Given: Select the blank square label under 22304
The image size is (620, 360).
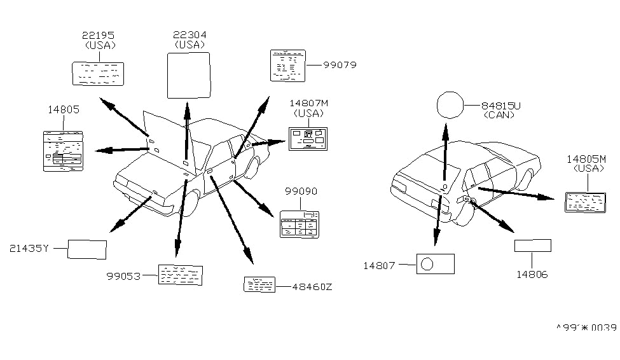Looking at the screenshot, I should tap(189, 75).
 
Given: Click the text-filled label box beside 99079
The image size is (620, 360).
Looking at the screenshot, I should tap(288, 65).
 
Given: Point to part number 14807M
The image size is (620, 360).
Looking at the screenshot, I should tap(308, 103).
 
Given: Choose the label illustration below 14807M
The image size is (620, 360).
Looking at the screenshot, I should tap(308, 138).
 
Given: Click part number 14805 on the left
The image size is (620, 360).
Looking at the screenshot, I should tap(63, 109).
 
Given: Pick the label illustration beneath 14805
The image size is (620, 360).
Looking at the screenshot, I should tap(63, 150).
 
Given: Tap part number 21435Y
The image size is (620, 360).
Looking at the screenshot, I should tap(29, 249).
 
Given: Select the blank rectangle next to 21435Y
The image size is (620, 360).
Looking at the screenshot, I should tap(87, 249).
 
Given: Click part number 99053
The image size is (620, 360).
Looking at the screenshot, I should tap(123, 275).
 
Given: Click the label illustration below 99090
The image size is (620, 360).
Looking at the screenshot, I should tap(300, 224).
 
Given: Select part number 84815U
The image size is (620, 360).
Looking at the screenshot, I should tap(500, 106).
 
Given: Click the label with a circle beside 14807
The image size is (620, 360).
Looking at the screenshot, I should tap(435, 263).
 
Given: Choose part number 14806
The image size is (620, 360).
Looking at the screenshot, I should tap(532, 275).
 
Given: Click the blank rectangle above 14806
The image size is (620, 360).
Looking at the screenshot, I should tap(532, 246).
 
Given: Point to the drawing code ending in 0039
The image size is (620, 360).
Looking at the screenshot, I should tap(586, 328).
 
